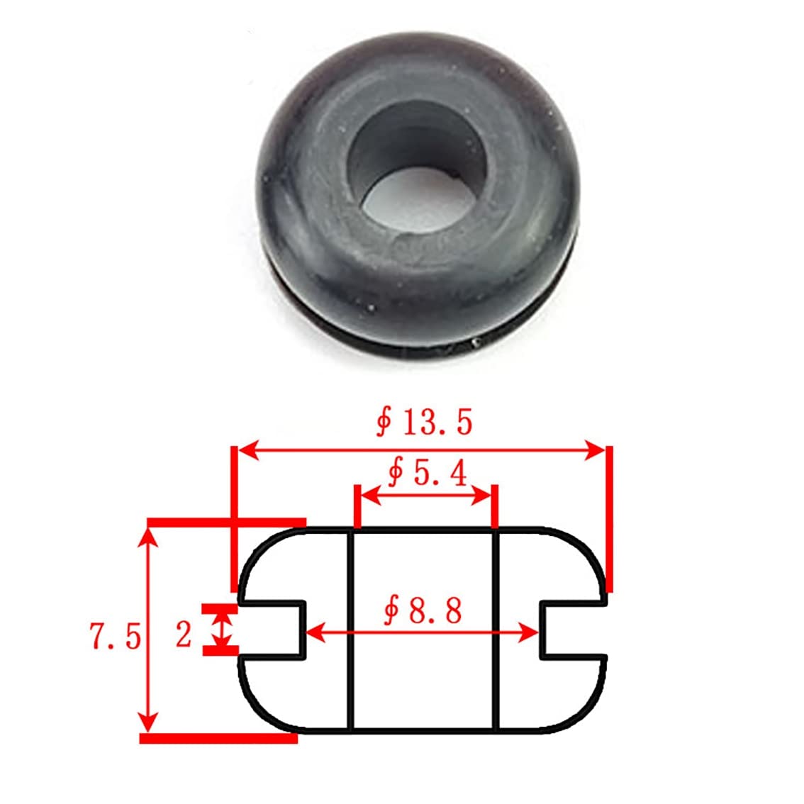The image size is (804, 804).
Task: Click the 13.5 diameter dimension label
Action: (424, 423)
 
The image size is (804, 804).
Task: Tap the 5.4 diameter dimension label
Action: (428, 473)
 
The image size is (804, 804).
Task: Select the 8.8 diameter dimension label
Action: (423, 610)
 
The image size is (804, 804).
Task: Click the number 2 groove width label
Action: (184, 634)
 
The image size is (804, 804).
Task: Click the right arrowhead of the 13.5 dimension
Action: (594, 450)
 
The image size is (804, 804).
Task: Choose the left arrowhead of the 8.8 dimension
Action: (316, 632)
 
